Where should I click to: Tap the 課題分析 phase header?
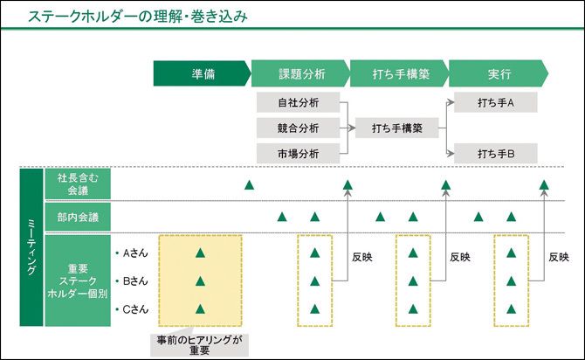click(x=300, y=73)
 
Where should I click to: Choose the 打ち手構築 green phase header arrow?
click(x=399, y=73)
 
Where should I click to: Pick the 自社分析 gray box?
click(x=298, y=102)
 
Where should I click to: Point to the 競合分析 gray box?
click(x=298, y=128)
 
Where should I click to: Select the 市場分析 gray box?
click(x=298, y=154)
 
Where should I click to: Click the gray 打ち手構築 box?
click(x=396, y=128)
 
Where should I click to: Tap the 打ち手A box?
click(x=495, y=102)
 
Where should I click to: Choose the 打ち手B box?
click(x=495, y=154)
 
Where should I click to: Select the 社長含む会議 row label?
click(x=78, y=183)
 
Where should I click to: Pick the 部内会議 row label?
click(x=78, y=216)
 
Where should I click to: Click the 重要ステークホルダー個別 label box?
click(x=78, y=280)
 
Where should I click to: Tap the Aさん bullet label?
click(x=135, y=253)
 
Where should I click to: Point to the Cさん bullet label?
click(x=135, y=308)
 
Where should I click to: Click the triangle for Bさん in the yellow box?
click(x=200, y=281)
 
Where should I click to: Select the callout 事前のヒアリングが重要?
click(x=199, y=343)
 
